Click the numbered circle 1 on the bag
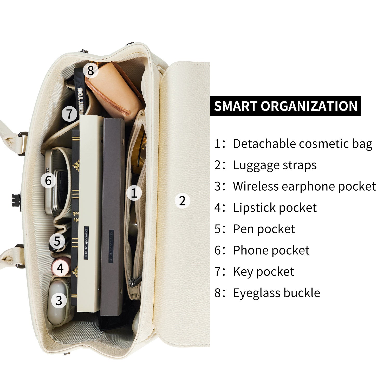click(x=134, y=193)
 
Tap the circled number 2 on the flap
click(x=182, y=201)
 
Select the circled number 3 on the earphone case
click(x=59, y=300)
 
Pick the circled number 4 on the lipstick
click(x=60, y=268)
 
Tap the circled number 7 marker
click(x=69, y=114)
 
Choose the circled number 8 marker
click(x=90, y=70)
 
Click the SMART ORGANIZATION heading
click(x=285, y=106)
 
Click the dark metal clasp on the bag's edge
click(x=17, y=200)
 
